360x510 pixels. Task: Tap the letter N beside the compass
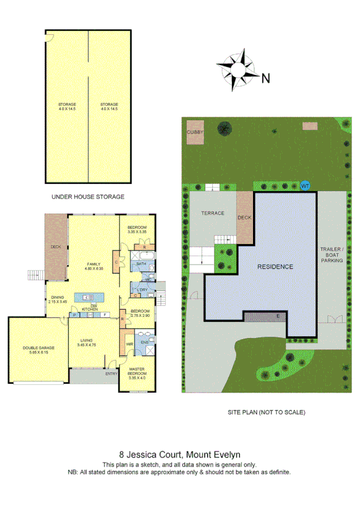coord(266,77)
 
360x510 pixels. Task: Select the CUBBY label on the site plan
coord(195,131)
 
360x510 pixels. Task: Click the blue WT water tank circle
coord(305,186)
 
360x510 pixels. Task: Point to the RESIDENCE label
coord(275,266)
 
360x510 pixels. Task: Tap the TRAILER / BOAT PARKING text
coord(331,255)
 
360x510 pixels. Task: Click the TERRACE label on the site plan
coord(213,214)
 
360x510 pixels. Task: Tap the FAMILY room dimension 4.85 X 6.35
coord(94,269)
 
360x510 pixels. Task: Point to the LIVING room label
coord(88,340)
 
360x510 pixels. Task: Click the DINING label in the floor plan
coord(58,296)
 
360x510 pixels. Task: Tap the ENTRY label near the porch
coord(112,373)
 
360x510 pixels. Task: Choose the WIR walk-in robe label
coord(129,344)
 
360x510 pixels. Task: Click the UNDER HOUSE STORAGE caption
coord(88,197)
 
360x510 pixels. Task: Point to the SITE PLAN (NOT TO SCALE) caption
coord(266,413)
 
